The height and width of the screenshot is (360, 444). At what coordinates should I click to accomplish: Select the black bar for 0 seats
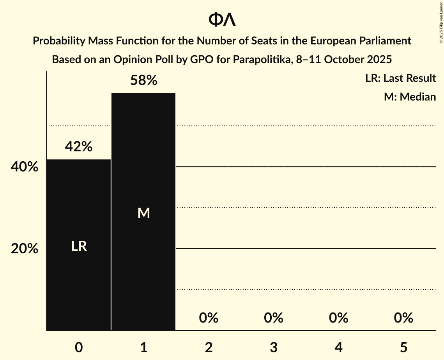79,281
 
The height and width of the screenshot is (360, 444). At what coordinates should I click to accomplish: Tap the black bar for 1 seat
143,273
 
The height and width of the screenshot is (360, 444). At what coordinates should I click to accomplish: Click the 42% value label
79,146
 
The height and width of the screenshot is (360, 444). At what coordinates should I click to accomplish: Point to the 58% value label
143,81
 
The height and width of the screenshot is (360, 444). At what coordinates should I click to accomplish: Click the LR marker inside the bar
79,247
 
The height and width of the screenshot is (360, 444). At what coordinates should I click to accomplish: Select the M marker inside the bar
143,213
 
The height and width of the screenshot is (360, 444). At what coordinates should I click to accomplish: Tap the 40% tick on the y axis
25,167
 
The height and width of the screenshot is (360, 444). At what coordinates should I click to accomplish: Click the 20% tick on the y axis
25,249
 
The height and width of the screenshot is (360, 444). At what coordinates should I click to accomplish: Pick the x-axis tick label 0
79,348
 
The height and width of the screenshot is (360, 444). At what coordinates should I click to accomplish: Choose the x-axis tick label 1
143,348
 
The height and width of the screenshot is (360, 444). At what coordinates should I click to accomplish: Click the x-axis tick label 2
209,348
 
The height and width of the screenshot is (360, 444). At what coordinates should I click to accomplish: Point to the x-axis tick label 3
273,348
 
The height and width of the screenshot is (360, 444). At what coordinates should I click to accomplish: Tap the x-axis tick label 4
338,348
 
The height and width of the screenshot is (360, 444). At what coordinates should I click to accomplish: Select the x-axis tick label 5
403,348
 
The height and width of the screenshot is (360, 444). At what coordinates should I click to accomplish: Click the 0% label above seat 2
209,318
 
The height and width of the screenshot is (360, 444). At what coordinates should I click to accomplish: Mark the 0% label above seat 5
403,318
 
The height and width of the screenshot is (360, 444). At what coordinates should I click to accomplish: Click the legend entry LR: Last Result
400,78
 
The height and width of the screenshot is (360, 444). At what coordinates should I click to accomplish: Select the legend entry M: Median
410,97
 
